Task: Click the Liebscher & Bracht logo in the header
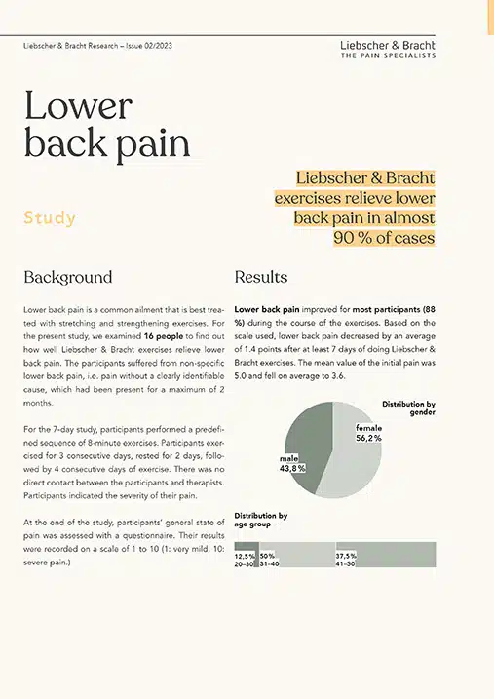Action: click(x=387, y=45)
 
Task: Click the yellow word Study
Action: click(x=49, y=217)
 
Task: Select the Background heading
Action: click(x=67, y=277)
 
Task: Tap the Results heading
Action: click(x=261, y=277)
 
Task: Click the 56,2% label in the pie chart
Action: click(x=369, y=439)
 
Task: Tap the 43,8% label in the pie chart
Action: click(x=293, y=468)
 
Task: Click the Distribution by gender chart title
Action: click(x=408, y=408)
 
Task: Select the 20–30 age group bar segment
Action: click(x=247, y=556)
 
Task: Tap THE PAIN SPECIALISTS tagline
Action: click(x=387, y=58)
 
